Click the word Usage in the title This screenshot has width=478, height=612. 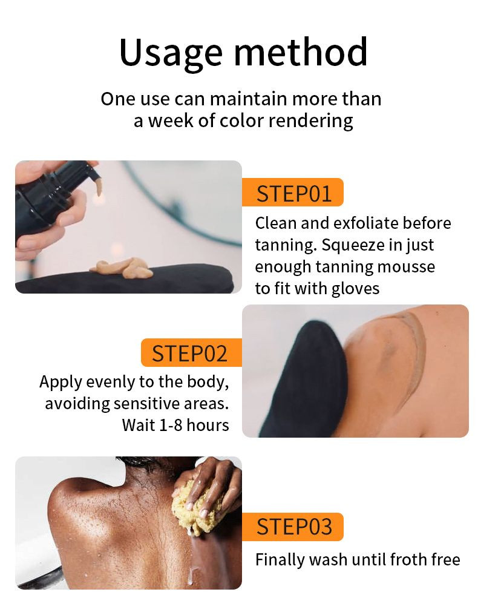(171, 53)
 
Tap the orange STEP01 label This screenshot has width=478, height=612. (293, 192)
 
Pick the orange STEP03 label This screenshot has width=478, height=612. (293, 527)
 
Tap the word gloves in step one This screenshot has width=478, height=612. (355, 289)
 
